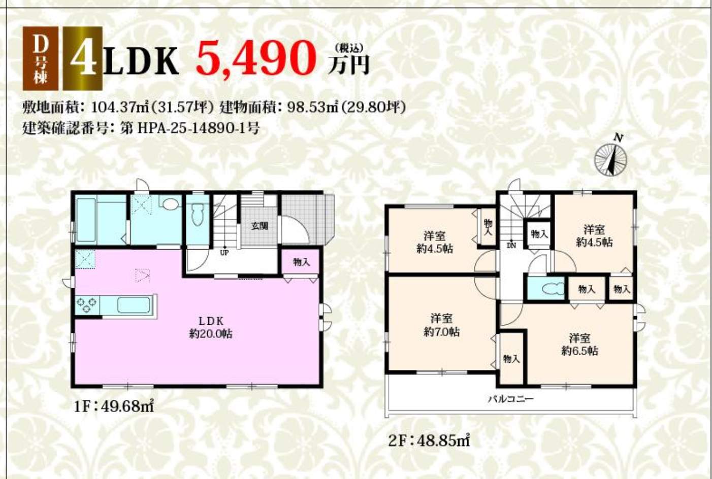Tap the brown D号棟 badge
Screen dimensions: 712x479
point(40,58)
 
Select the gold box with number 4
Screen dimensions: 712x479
point(83,58)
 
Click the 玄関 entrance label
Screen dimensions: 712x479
point(260,226)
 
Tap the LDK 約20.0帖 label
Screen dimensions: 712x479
point(210,327)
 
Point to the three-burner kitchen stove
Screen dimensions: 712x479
point(87,304)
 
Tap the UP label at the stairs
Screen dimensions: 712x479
point(224,253)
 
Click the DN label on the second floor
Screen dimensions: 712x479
point(511,245)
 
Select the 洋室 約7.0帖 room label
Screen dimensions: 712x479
point(441,325)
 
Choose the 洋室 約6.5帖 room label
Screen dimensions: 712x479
point(580,345)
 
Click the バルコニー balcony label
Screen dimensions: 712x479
point(511,399)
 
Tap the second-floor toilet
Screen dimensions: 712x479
point(551,289)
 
